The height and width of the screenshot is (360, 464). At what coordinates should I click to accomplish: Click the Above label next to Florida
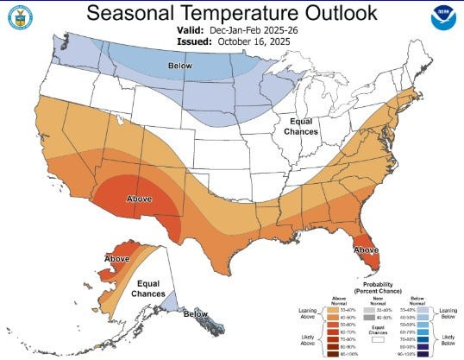tap(365, 249)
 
